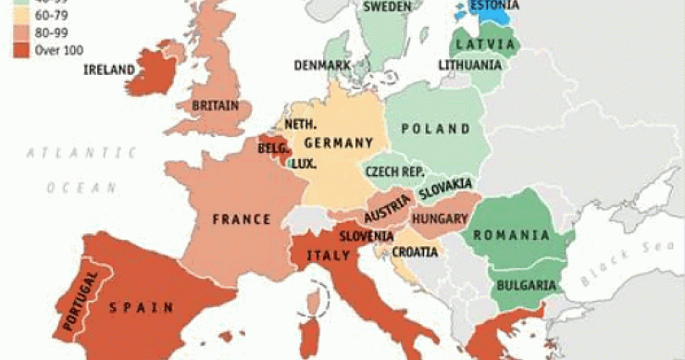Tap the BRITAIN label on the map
[x=215, y=106]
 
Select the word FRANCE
[x=241, y=219]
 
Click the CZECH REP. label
[x=394, y=171]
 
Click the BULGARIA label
[x=525, y=285]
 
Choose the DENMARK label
[x=322, y=66]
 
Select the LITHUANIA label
[x=469, y=65]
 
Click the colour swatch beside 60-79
[x=21, y=15]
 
